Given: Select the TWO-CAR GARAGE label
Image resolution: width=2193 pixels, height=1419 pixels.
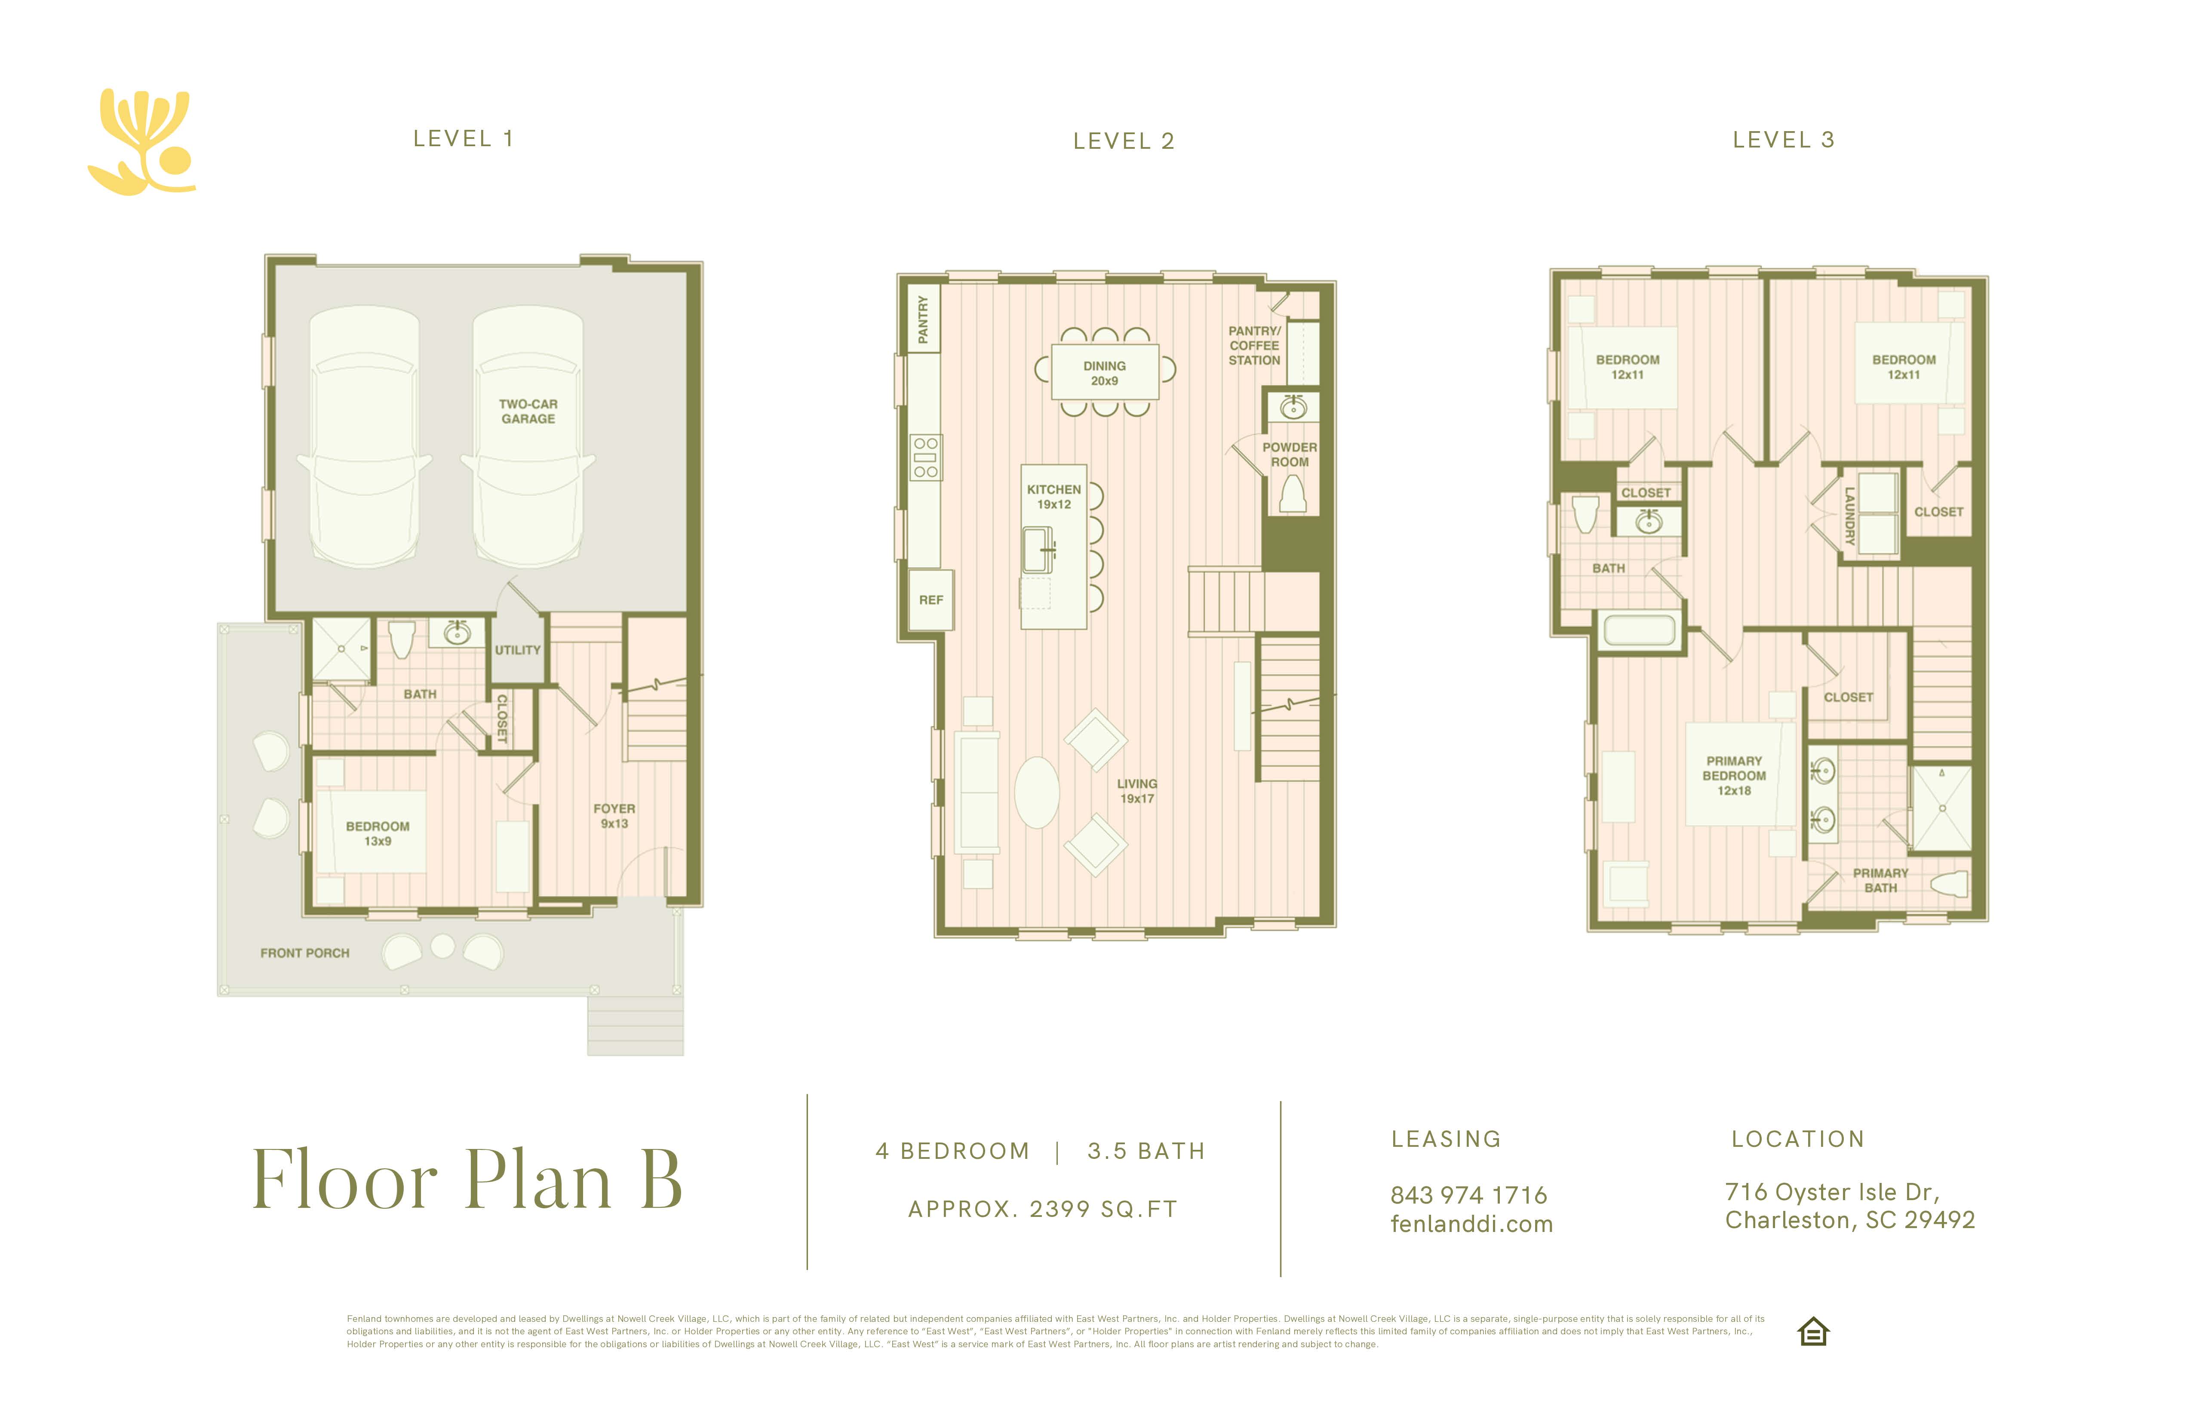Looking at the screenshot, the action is coord(528,411).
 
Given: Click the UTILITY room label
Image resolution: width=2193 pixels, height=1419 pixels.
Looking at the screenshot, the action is coord(518,650).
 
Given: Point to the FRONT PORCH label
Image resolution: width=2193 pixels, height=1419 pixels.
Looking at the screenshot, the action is coord(305,953).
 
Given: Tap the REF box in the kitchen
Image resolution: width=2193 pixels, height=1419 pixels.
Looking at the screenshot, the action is coord(931,600).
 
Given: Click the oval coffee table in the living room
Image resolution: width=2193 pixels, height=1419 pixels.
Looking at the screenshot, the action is coord(1037,792).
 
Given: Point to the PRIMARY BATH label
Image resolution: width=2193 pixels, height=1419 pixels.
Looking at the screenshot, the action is coord(1881,880).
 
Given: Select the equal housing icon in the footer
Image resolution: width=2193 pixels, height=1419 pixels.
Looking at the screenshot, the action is coord(1813,1331).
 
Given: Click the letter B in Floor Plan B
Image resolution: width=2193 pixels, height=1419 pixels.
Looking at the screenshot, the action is coord(660,1179).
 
